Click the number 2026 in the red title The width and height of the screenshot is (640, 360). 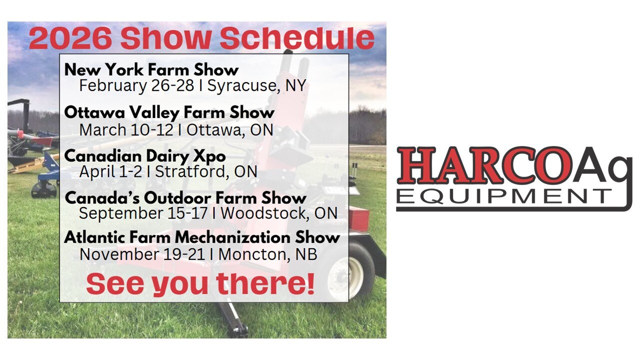pyautogui.click(x=70, y=38)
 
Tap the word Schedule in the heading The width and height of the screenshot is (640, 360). pyautogui.click(x=297, y=38)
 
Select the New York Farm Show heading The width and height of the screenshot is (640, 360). pyautogui.click(x=151, y=70)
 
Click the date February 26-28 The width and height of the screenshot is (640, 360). pyautogui.click(x=136, y=85)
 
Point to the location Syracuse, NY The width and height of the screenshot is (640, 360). pyautogui.click(x=256, y=85)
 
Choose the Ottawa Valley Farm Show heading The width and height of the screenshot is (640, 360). pyautogui.click(x=169, y=112)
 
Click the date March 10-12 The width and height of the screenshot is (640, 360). pyautogui.click(x=126, y=130)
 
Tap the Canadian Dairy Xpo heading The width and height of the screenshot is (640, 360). pyautogui.click(x=145, y=156)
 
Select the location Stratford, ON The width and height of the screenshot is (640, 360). pyautogui.click(x=206, y=171)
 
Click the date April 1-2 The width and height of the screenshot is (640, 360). pyautogui.click(x=110, y=172)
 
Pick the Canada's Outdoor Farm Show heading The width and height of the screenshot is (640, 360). pyautogui.click(x=185, y=197)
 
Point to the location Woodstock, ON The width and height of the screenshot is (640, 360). pyautogui.click(x=279, y=213)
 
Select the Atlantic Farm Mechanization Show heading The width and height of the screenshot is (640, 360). pyautogui.click(x=202, y=237)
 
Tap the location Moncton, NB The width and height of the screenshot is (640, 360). pyautogui.click(x=267, y=254)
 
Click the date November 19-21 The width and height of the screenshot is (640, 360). pyautogui.click(x=142, y=254)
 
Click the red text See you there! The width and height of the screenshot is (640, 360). pyautogui.click(x=200, y=283)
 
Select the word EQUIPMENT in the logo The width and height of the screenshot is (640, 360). pyautogui.click(x=503, y=196)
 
